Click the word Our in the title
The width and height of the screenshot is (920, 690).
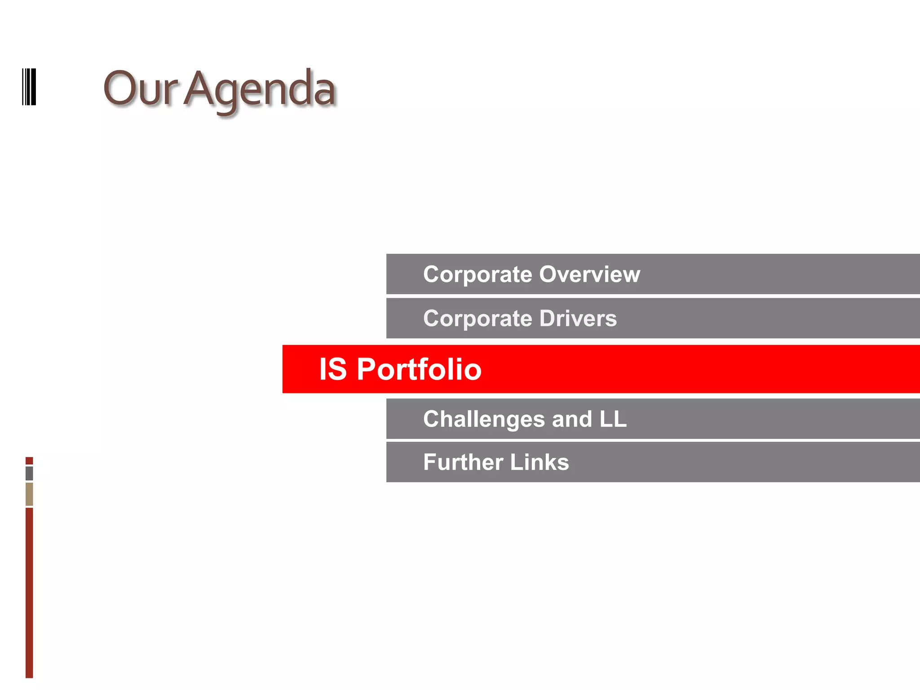[x=140, y=88]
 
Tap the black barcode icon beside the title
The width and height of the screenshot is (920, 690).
[x=29, y=87]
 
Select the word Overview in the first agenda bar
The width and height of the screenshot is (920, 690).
[x=589, y=274]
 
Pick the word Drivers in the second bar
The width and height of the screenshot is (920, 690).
[x=578, y=318]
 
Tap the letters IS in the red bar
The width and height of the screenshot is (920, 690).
[x=333, y=369]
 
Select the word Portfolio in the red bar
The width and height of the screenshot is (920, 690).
[x=419, y=369]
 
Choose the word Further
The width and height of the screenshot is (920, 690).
[x=463, y=462]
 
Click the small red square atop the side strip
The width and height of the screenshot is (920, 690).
[x=29, y=460]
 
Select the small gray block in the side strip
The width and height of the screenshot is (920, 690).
[x=29, y=473]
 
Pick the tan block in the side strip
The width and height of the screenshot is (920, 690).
[x=29, y=494]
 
